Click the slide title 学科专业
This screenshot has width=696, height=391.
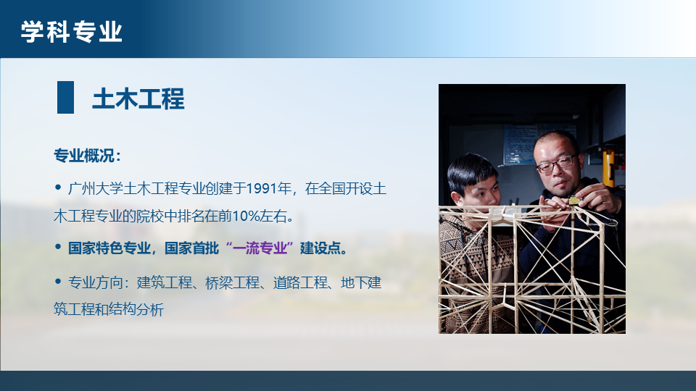coord(72,31)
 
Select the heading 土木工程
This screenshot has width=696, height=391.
coord(138,98)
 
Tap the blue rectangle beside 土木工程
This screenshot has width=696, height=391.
coord(66,98)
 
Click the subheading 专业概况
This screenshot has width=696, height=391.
coord(84,156)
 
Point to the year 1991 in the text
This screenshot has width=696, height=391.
coord(262,188)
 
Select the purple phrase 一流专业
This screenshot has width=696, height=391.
coord(260,248)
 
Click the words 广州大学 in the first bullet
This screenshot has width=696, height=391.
coord(95,188)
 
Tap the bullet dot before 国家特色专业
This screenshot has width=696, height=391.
coord(58,246)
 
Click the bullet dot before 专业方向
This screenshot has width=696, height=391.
coord(58,281)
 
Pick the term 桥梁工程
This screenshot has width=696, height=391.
coord(232,282)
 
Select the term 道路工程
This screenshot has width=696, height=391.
coord(300,282)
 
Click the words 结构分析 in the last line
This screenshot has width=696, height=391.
coord(136,309)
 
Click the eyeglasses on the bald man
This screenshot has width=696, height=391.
coord(557,163)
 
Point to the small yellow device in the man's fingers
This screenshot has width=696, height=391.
coord(573,201)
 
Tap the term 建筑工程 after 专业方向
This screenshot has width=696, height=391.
coord(165,282)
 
